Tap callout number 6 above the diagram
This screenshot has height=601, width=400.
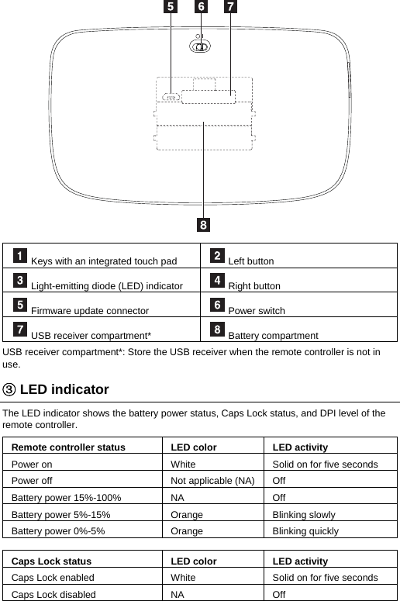pos(201,8)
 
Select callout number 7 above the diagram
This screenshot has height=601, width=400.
pos(231,8)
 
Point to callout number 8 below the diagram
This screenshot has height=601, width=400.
pos(203,226)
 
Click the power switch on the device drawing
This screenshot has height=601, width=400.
pos(200,47)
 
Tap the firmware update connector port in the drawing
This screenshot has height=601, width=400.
pos(171,98)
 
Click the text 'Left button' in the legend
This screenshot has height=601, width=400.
pos(251,261)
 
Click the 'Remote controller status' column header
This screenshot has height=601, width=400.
pos(68,447)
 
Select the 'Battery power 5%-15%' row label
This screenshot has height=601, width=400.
pos(60,514)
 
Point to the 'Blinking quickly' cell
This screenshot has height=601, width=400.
pos(305,531)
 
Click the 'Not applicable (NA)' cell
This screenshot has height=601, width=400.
pos(212,481)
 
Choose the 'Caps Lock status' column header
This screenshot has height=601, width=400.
pos(51,561)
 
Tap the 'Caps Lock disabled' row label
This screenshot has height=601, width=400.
pos(53,594)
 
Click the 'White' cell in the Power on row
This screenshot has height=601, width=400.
pos(184,464)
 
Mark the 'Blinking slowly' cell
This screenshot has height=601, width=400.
pos(304,514)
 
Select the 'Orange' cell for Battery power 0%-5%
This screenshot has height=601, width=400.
pos(187,531)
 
